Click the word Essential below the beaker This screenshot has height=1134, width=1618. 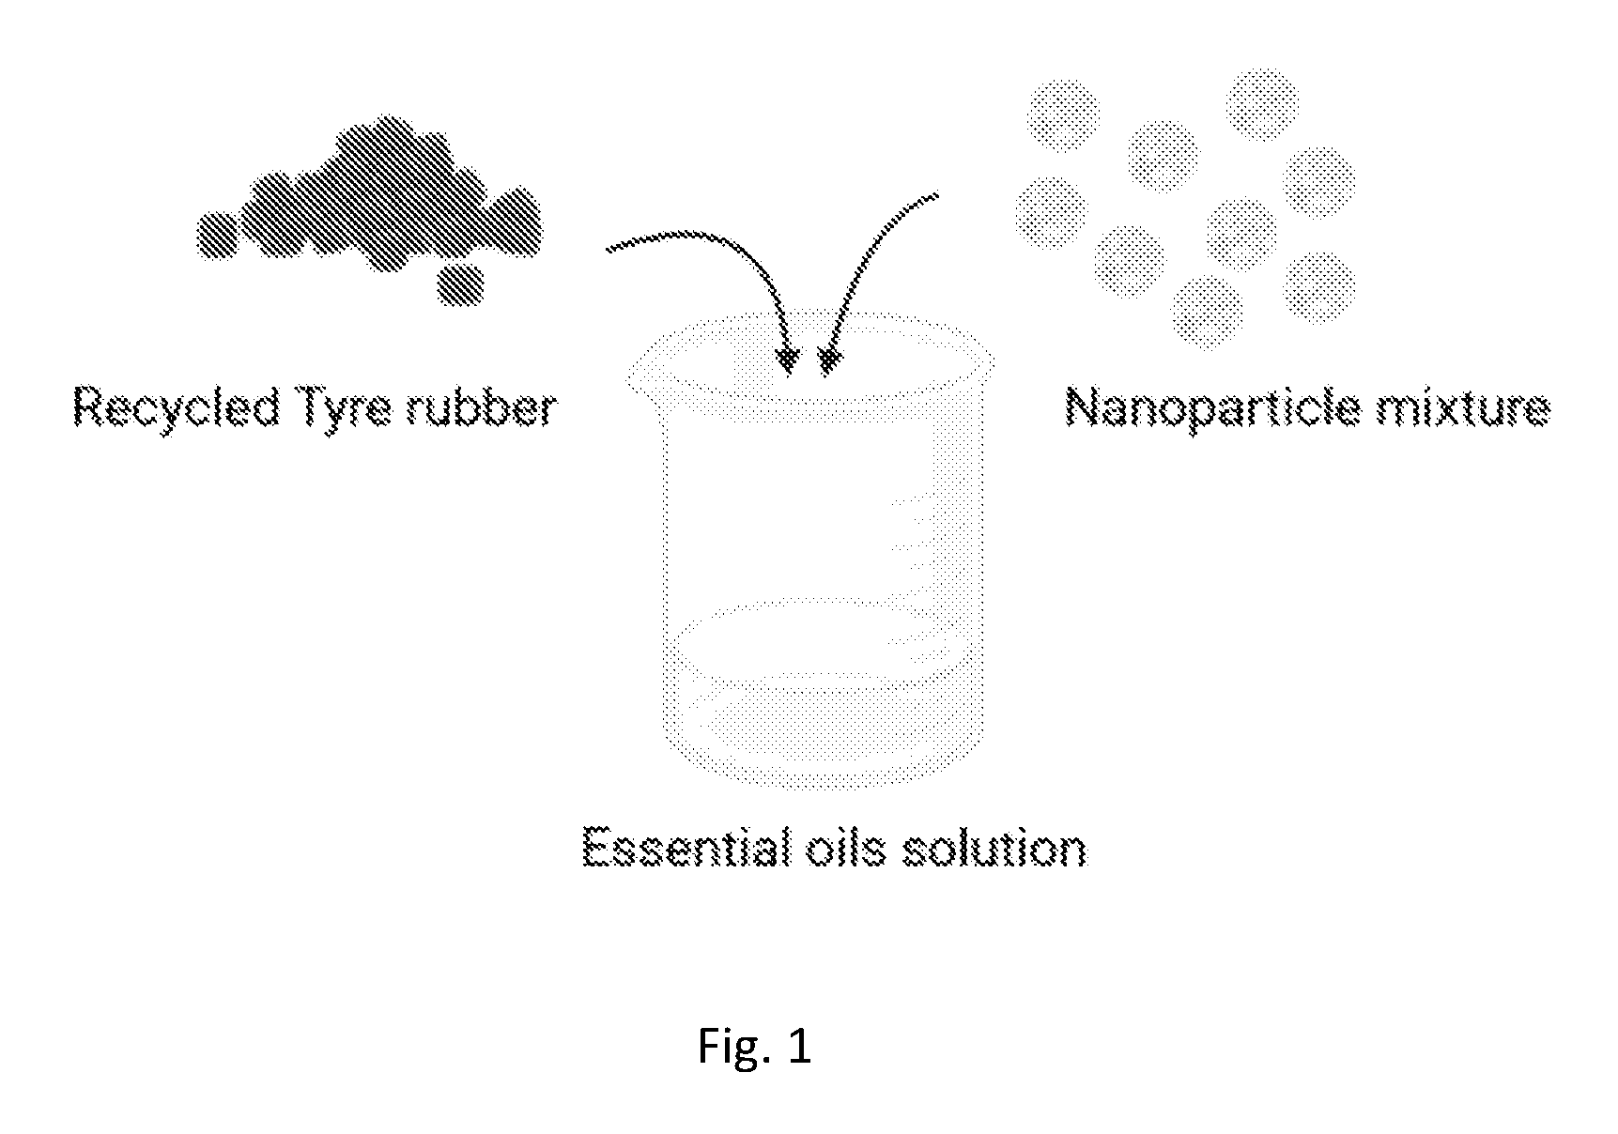click(689, 847)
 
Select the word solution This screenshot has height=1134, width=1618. click(994, 847)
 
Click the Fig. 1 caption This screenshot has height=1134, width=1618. click(754, 1046)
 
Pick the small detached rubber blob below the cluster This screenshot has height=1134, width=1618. click(460, 284)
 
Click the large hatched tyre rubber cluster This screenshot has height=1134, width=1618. click(370, 197)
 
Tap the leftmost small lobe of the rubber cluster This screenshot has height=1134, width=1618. click(217, 236)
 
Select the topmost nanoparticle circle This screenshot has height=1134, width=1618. click(1262, 104)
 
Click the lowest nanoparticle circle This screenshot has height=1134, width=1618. click(1207, 311)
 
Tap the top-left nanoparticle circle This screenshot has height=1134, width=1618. click(1064, 115)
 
